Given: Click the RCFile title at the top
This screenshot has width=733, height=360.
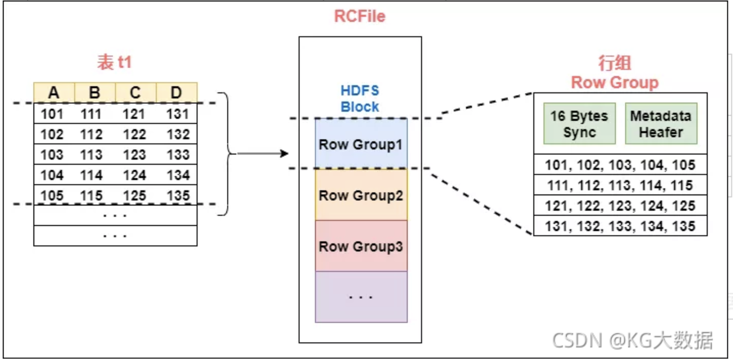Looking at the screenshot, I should pos(360,16).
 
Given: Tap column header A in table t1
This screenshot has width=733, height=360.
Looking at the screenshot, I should pos(54,93).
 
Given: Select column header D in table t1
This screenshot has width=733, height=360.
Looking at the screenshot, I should pos(176,93).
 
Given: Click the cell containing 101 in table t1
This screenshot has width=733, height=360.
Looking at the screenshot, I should pos(52,114).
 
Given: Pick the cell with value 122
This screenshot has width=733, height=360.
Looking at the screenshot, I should pos(134,134).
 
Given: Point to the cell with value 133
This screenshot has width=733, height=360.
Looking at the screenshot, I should pos(178,155).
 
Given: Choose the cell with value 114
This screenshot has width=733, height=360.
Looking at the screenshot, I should pos(91,175).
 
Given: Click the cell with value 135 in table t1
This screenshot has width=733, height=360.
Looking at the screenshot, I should pos(178,195).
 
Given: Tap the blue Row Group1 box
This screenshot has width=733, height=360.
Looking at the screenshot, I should pos(361,144).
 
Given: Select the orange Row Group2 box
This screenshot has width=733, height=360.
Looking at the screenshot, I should pos(361,195).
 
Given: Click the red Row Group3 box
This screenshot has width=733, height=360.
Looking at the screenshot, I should pos(361,246).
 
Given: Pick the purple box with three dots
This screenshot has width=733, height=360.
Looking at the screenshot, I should pos(361,297).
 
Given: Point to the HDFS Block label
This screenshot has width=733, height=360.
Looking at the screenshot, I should pos(360,99).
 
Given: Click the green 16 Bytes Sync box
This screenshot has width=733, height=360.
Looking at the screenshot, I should pos(579,124).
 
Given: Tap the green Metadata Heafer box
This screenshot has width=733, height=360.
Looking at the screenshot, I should pos(661,124).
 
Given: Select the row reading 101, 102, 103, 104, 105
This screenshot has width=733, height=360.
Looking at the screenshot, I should pos(620,165).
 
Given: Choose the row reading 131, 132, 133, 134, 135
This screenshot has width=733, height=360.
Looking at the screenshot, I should pos(620,226).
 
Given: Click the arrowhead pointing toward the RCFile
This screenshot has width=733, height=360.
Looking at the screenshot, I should pos(284,153).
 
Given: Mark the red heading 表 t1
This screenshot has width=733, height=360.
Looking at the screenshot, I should pos(114,62).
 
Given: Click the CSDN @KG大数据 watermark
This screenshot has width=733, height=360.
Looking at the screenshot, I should pos(632,340).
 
